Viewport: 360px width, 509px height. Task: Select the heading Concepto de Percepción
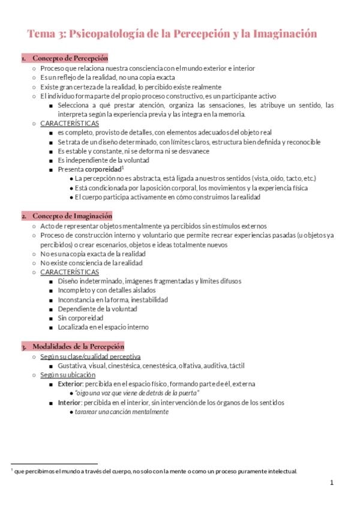70,58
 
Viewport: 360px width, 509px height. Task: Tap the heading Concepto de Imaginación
72,215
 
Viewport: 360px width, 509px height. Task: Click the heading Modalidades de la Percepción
78,346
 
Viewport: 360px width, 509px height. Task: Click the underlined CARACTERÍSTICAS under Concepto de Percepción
70,124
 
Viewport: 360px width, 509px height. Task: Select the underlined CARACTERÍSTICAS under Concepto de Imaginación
70,272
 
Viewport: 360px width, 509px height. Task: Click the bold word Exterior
70,384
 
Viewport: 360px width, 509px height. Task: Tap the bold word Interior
70,403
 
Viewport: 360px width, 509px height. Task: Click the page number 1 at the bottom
331,483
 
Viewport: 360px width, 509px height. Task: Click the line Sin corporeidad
80,318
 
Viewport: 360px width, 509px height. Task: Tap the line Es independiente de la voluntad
95,160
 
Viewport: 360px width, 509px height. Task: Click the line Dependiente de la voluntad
97,309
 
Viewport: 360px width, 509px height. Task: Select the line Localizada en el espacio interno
103,328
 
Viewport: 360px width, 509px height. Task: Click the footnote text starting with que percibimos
155,471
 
